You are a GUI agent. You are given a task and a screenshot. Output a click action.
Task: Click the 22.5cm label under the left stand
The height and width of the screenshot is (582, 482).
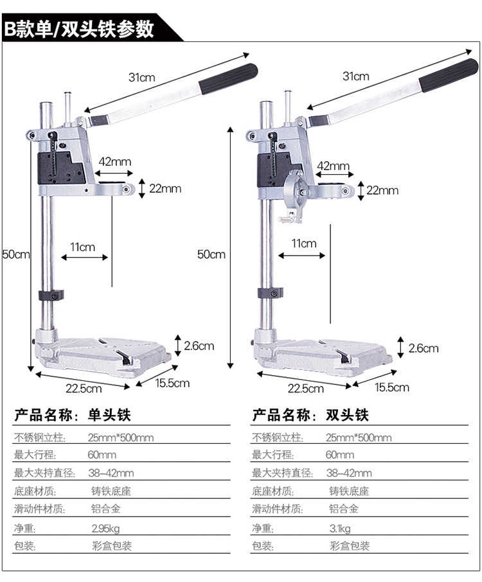coord(84,387)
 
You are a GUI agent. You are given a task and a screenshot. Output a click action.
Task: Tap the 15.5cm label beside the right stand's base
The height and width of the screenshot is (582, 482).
coord(392,387)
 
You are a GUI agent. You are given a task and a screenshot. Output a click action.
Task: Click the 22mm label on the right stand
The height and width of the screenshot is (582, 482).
coord(382,190)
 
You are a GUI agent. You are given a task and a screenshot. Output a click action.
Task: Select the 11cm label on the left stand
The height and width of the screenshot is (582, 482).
coord(83,247)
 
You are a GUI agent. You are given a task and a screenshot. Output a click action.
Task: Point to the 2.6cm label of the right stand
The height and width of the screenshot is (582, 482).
coord(423,348)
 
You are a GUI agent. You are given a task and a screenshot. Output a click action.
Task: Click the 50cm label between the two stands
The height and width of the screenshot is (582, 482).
coord(211,254)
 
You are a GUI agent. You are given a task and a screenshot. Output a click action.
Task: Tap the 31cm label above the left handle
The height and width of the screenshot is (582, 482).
coord(141,78)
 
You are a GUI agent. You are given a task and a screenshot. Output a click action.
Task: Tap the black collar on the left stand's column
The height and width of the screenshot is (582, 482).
coord(51,296)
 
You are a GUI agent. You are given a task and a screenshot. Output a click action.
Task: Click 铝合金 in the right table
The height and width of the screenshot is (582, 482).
coord(341,509)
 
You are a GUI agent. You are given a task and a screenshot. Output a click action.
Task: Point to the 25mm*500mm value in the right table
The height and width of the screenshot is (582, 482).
coord(359,437)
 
